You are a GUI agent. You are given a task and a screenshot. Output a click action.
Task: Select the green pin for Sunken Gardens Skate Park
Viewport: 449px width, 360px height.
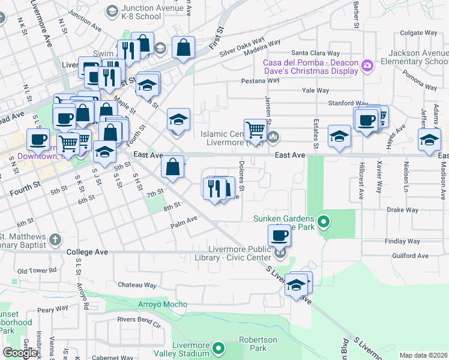pos(324,223)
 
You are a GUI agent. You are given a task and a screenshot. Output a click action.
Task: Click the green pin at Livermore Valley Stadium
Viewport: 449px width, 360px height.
pos(219,347)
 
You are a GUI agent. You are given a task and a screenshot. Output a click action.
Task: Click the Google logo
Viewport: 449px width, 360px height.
pos(21,352)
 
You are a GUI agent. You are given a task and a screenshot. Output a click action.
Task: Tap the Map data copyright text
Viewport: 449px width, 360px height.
pos(423,355)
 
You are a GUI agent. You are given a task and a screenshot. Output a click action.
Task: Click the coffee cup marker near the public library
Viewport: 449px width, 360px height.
pos(279,236)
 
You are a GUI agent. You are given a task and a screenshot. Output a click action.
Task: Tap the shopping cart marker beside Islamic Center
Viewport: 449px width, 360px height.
pos(256,130)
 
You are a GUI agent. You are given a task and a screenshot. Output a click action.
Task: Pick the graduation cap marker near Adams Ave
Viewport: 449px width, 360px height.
pos(429,141)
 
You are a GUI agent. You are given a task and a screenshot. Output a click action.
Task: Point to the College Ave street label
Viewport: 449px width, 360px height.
pos(87,252)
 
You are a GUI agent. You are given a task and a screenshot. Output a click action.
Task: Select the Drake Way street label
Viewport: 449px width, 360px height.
pos(402,210)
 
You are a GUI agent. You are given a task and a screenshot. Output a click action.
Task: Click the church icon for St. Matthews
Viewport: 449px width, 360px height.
pos(55,239)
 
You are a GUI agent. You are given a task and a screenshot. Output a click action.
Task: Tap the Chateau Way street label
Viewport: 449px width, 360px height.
pos(137,285)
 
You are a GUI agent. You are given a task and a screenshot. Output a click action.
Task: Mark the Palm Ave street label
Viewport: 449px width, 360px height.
pos(184,220)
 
